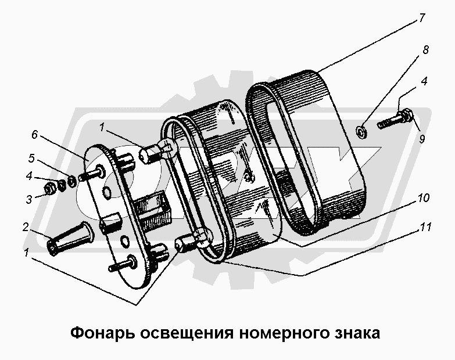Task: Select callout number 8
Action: point(425,51)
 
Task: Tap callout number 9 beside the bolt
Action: point(422,139)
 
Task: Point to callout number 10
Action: point(424,198)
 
